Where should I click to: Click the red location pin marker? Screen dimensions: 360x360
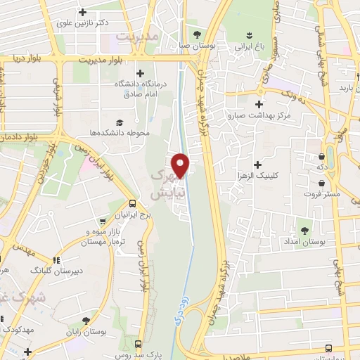coord(181,165)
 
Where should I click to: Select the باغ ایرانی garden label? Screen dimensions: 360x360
coord(249,46)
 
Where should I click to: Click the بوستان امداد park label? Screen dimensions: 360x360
coord(304,242)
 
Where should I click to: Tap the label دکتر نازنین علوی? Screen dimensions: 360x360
coord(84,23)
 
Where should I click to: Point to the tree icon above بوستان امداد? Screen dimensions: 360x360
coord(304,229)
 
